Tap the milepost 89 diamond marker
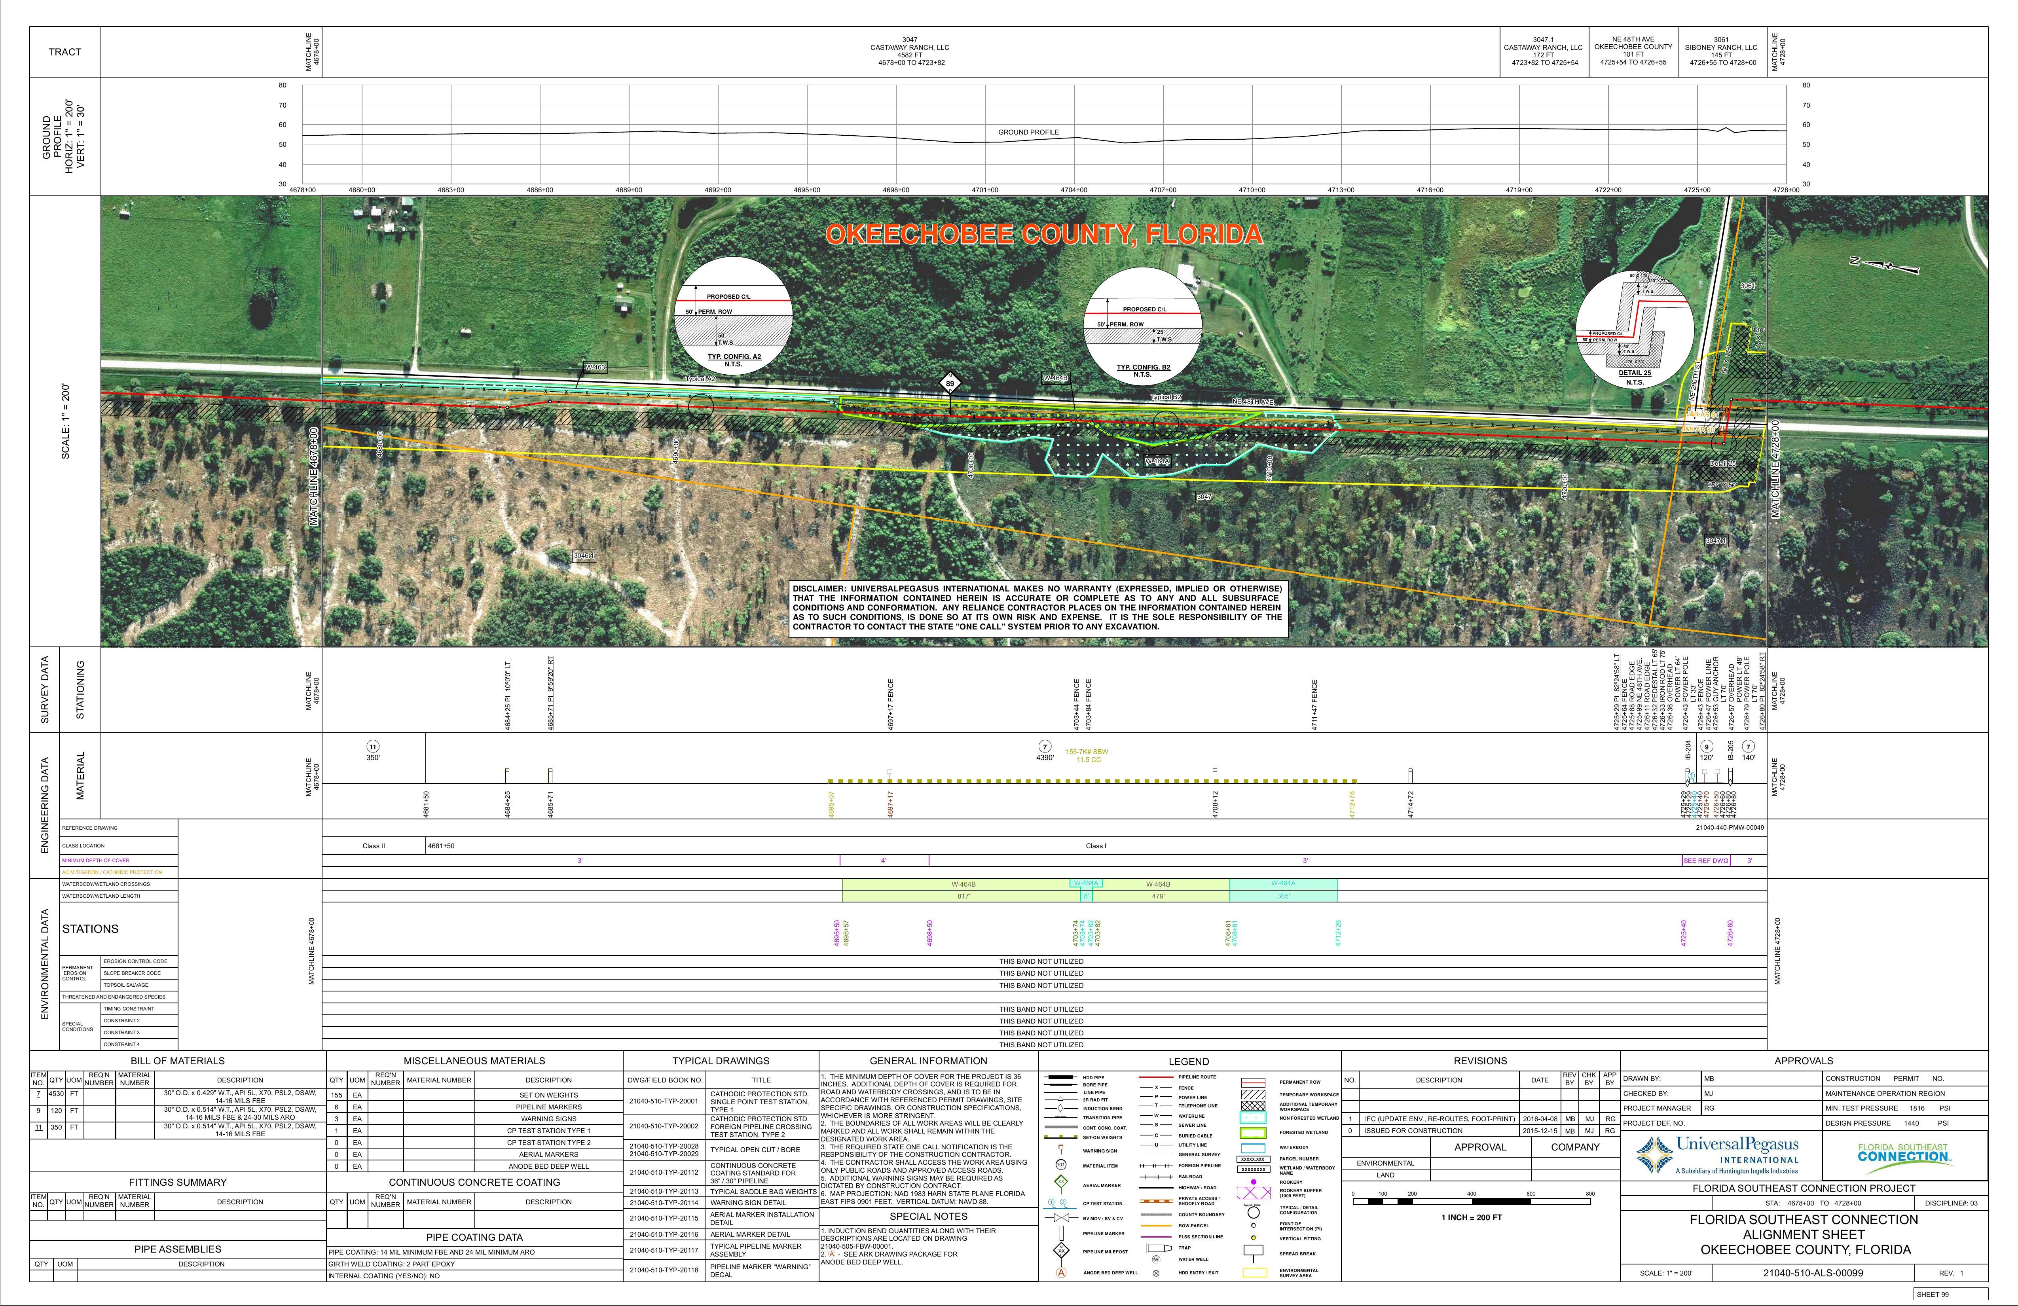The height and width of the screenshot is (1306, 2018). click(950, 383)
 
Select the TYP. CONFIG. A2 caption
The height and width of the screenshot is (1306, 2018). click(734, 357)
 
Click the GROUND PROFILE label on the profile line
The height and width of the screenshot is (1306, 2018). click(1028, 132)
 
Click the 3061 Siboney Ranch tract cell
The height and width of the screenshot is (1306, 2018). click(1721, 51)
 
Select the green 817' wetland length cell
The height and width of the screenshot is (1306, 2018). click(963, 896)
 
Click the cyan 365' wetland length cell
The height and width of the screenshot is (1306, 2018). click(1283, 896)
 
